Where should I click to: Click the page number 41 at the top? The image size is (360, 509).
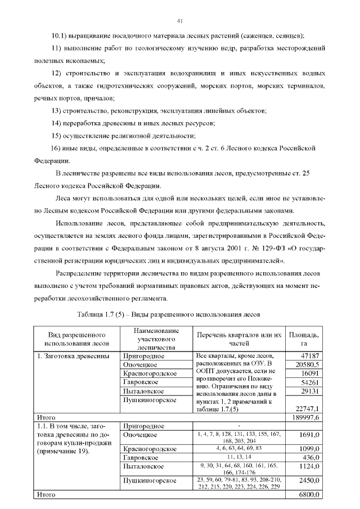click(180, 21)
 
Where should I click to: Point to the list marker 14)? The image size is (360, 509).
click(56, 123)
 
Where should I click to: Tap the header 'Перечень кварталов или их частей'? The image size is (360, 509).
click(238, 339)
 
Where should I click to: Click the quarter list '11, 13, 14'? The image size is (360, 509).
click(238, 457)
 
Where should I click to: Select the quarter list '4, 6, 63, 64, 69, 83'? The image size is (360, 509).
click(238, 448)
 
